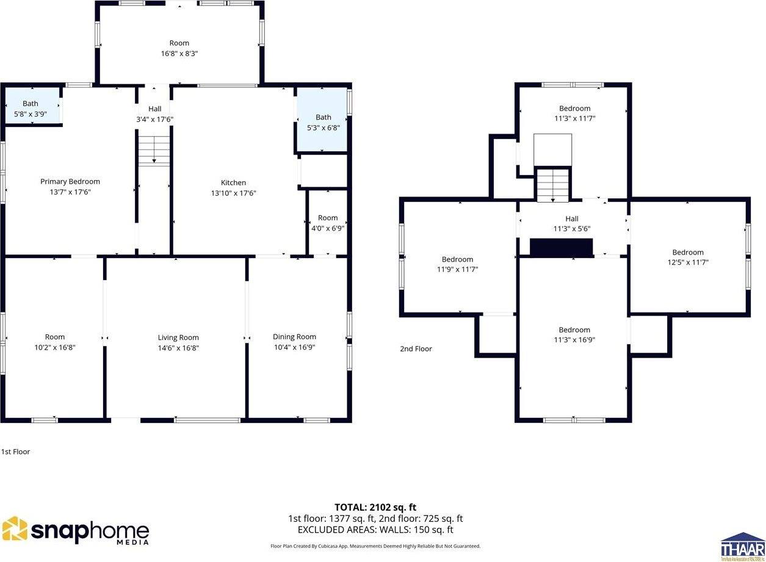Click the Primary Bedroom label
click(70, 182)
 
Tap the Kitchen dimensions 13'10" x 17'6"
click(233, 193)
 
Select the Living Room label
click(178, 337)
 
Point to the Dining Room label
click(294, 337)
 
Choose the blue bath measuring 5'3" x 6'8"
click(322, 122)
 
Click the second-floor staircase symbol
click(552, 184)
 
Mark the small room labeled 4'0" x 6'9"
click(328, 223)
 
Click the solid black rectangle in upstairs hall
click(561, 247)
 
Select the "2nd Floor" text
click(416, 349)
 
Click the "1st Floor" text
click(15, 452)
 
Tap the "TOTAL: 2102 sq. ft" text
click(375, 507)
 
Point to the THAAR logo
click(742, 546)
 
